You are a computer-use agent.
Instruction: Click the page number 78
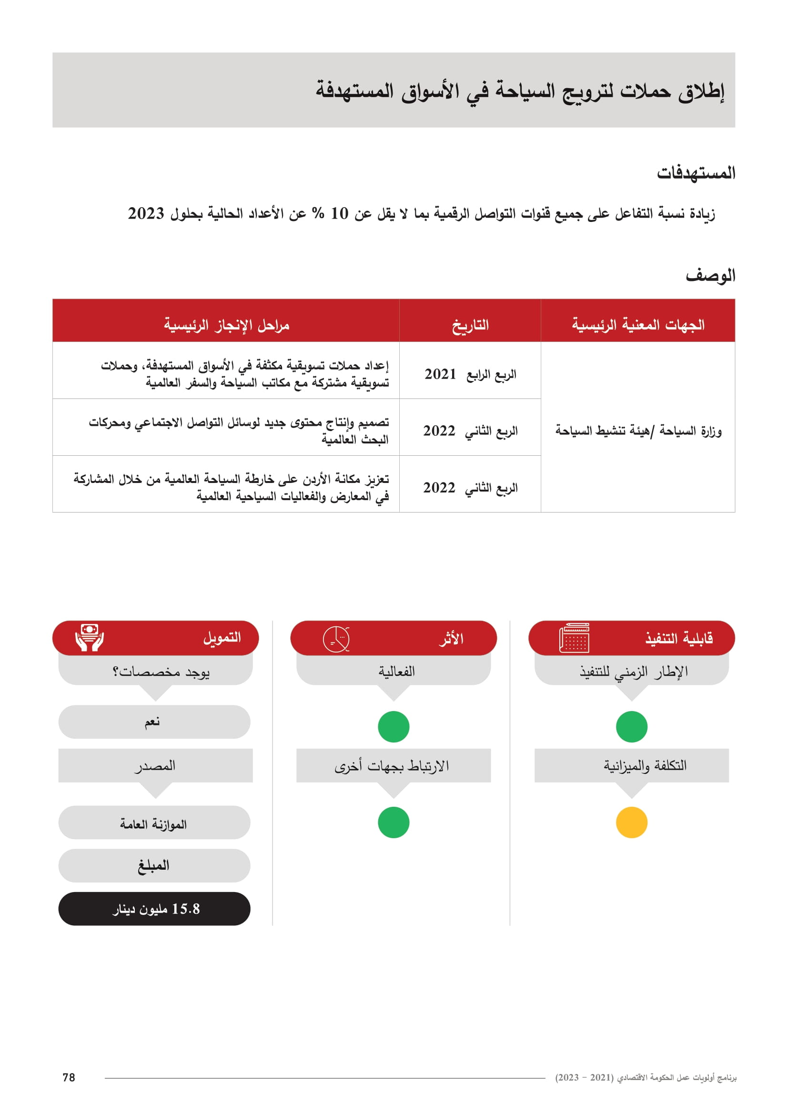pos(69,1078)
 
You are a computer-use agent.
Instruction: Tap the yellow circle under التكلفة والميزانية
pos(631,823)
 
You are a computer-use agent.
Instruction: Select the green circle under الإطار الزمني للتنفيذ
pos(631,727)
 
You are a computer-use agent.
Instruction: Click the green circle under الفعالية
pos(394,727)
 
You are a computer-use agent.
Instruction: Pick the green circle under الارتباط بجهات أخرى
pos(394,823)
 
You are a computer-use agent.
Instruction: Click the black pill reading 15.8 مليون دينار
pos(154,909)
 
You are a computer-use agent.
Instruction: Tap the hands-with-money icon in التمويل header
pos(90,638)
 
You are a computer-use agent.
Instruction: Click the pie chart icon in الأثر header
pos(336,639)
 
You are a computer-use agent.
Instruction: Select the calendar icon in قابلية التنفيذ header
pos(574,638)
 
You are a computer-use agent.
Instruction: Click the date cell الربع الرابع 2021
pos(470,374)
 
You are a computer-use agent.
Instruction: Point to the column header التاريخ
pos(470,325)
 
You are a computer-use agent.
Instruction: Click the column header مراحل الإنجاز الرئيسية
pos(226,325)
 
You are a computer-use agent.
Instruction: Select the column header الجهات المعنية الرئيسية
pos(637,325)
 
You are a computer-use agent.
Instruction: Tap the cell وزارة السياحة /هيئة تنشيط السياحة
pos(638,431)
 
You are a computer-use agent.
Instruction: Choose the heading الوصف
pos(710,276)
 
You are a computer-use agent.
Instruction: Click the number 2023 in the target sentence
pos(146,213)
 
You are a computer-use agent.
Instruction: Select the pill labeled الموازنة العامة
pos(154,824)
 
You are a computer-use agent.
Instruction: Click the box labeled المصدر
pos(155,766)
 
